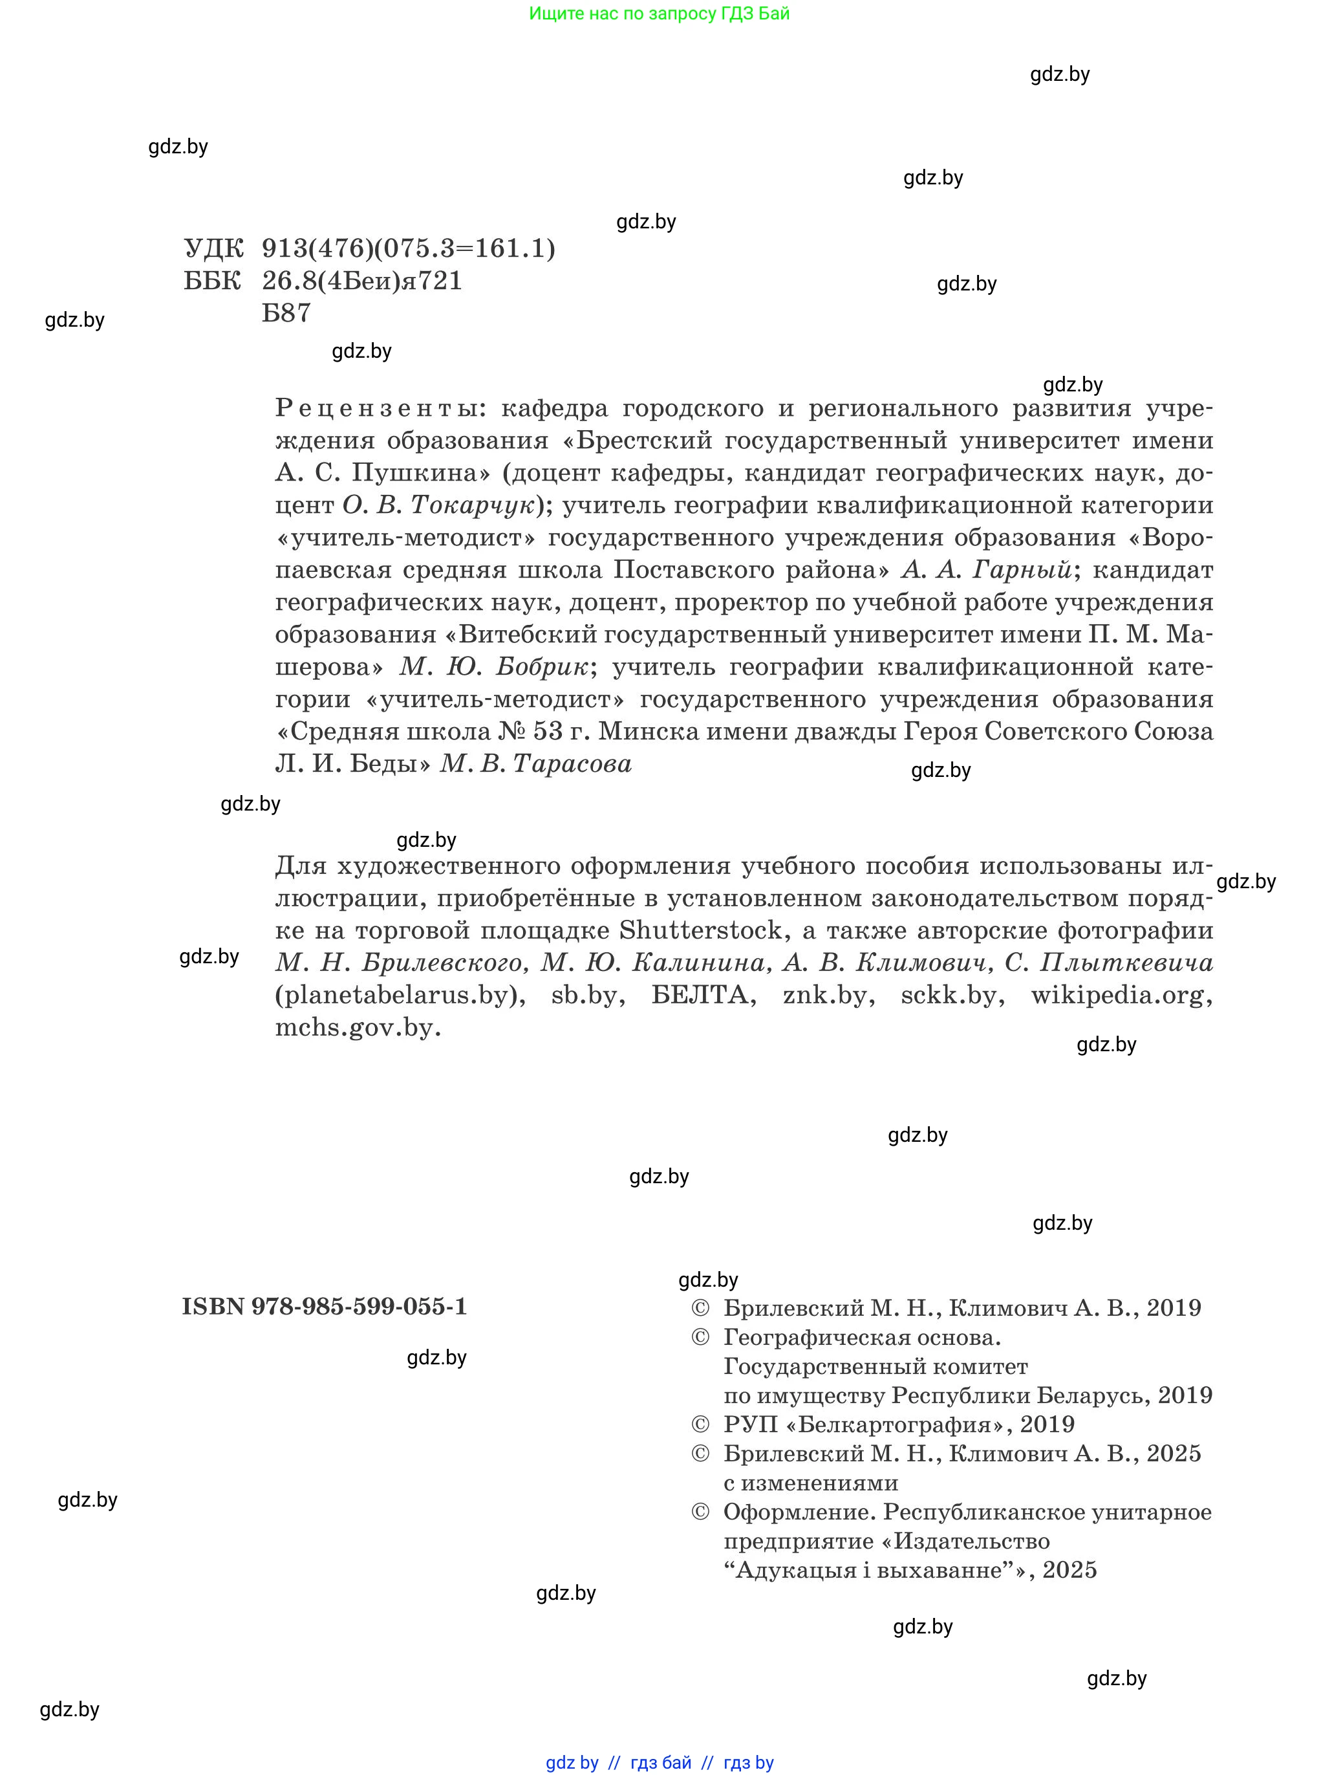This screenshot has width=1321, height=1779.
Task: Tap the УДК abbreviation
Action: [213, 249]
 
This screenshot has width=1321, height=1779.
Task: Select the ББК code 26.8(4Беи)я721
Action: [362, 281]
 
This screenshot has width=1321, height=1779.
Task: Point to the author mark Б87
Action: [286, 312]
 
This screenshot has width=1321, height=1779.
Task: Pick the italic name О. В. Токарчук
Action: [438, 505]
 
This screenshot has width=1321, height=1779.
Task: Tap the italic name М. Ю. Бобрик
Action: [495, 666]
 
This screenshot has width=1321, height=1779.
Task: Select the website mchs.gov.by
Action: [358, 1028]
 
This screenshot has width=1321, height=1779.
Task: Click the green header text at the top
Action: [659, 14]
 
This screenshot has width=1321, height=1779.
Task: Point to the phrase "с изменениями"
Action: [811, 1483]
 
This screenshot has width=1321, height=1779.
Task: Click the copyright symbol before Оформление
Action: [700, 1512]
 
